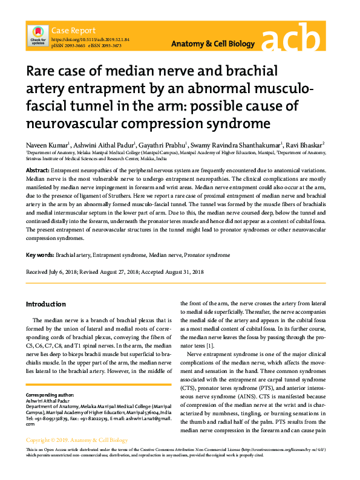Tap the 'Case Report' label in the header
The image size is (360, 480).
(73, 30)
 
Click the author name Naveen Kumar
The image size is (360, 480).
(47, 144)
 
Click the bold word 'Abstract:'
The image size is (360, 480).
(38, 171)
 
